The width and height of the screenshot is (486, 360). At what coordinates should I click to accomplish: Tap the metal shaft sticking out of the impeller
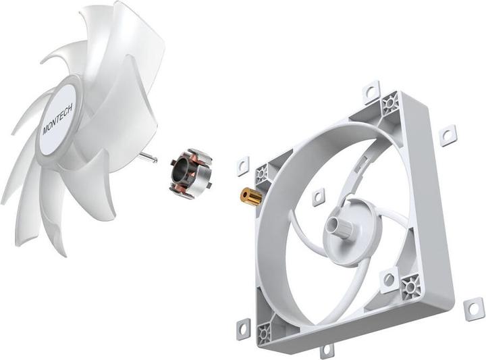tap(150, 157)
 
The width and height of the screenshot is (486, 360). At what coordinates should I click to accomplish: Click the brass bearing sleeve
tap(252, 197)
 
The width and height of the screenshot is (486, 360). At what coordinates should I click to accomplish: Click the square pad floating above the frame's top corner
tap(372, 92)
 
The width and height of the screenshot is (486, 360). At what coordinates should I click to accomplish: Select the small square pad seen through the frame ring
tap(318, 197)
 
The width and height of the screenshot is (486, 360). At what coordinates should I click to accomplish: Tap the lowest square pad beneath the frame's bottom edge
tap(326, 351)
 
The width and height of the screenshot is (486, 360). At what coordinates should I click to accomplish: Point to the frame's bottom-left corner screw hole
tap(265, 331)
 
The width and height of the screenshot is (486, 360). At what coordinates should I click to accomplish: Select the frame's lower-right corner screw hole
tap(410, 289)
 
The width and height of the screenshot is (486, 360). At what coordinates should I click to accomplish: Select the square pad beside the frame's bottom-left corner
tap(244, 329)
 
